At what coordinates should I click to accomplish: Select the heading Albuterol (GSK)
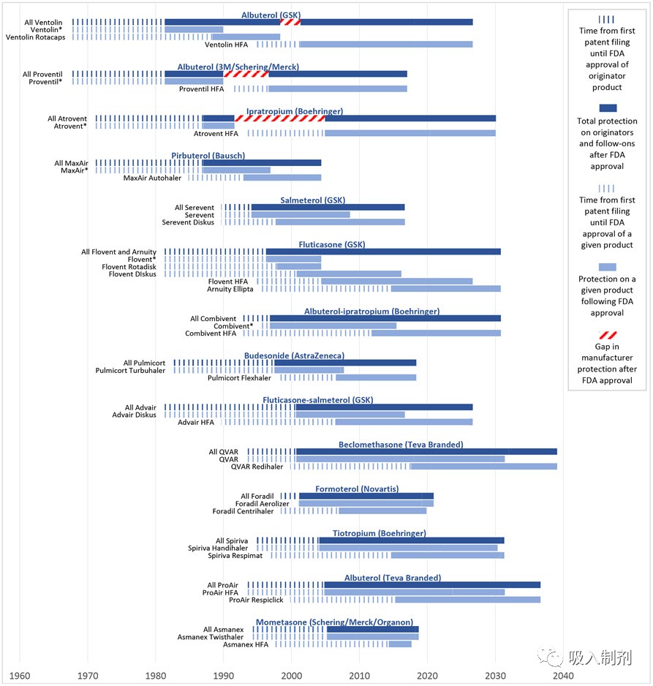click(x=271, y=15)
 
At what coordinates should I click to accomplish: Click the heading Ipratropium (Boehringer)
click(x=295, y=111)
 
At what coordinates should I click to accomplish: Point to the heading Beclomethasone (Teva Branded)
click(x=401, y=445)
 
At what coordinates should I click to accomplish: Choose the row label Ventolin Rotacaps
click(x=37, y=37)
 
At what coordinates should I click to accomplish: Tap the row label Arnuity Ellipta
click(x=230, y=289)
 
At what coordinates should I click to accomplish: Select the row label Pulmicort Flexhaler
click(x=241, y=378)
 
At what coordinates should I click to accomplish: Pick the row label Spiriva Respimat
click(x=238, y=556)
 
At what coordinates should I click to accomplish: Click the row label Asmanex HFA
click(x=246, y=644)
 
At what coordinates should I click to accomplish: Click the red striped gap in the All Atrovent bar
click(x=280, y=118)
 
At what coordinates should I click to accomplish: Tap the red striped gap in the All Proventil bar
click(x=246, y=74)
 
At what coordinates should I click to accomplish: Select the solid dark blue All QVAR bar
click(x=426, y=452)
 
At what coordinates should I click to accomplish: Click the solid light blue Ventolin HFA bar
click(x=386, y=45)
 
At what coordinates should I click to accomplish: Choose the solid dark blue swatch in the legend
click(x=607, y=108)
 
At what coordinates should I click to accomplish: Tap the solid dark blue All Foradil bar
click(x=366, y=496)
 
